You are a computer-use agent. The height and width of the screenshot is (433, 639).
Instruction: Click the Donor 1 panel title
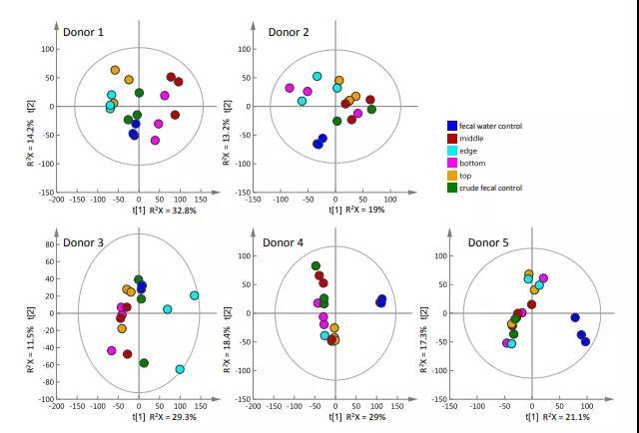click(83, 33)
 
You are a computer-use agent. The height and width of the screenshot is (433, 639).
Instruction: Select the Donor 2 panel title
click(287, 33)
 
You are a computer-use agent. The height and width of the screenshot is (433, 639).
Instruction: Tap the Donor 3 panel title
click(85, 242)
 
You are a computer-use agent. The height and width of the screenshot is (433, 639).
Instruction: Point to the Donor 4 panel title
click(283, 242)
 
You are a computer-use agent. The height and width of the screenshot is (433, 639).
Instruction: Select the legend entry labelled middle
click(471, 139)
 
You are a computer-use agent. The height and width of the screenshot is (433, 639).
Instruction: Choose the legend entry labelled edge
click(468, 151)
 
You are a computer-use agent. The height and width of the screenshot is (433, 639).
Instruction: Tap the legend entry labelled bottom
click(472, 163)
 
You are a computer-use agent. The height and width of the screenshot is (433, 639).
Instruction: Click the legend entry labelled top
click(465, 176)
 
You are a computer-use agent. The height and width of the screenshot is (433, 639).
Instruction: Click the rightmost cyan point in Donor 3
click(194, 295)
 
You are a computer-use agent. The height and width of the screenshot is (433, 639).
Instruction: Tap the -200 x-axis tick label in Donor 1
click(57, 200)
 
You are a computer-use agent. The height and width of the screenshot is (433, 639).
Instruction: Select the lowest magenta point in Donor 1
click(155, 141)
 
